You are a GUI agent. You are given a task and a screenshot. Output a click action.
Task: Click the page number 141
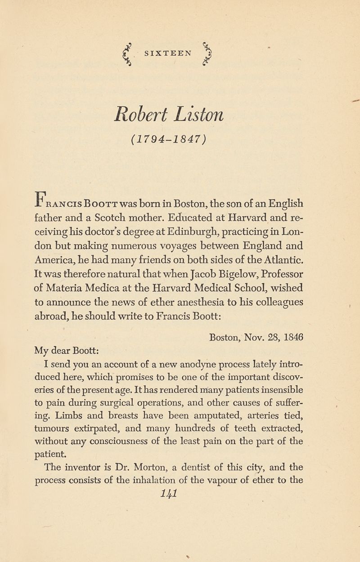[180, 493]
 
